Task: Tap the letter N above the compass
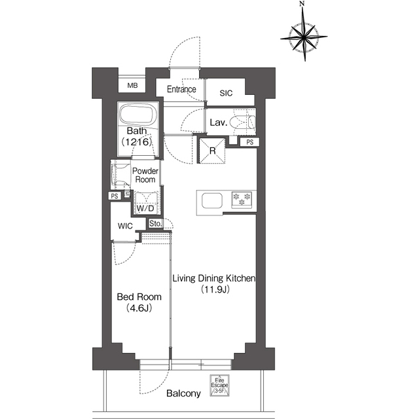302,3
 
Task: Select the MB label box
132,85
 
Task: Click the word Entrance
181,89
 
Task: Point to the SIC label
226,93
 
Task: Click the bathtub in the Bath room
137,115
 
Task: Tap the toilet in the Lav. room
244,122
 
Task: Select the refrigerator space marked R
212,151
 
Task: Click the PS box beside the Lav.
249,142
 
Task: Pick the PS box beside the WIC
115,196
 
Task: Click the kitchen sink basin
212,200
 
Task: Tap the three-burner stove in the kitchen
242,199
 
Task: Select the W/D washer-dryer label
145,208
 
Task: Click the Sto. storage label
155,223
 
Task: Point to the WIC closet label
125,226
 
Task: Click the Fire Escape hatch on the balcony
219,385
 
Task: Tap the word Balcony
183,393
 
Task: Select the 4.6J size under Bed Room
139,308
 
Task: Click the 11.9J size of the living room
215,289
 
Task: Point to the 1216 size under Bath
137,141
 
